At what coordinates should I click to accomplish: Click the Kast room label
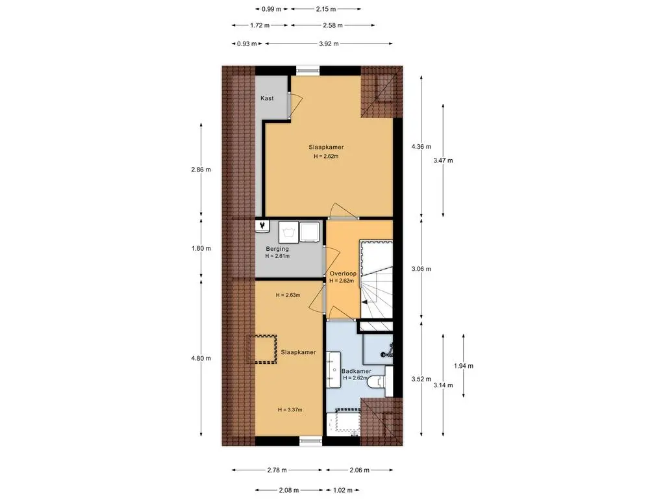click(267, 98)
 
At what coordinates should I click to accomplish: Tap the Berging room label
click(277, 249)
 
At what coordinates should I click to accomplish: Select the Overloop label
click(343, 274)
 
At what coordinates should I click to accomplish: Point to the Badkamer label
click(357, 371)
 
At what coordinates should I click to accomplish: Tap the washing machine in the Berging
click(288, 232)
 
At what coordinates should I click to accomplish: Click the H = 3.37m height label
click(290, 409)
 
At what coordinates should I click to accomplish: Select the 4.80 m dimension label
click(201, 358)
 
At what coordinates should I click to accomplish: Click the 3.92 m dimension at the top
click(329, 44)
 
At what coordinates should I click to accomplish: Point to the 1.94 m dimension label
click(464, 366)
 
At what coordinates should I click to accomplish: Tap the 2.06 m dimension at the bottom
click(359, 470)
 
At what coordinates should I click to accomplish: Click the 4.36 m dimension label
click(421, 147)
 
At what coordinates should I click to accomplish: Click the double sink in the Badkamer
click(333, 369)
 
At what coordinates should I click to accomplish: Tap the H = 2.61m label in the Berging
click(277, 256)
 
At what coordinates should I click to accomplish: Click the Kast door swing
click(295, 104)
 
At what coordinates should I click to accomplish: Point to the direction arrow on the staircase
click(364, 302)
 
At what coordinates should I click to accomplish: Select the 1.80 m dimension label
click(201, 248)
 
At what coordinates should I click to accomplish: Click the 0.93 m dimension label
click(247, 44)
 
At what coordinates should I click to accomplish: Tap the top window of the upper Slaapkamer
click(307, 70)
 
